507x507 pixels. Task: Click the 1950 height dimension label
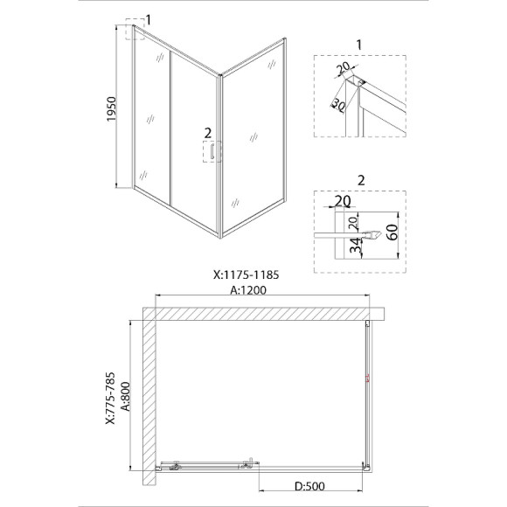pos(111,109)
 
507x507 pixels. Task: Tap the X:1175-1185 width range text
pos(246,274)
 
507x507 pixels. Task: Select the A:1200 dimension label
pos(248,290)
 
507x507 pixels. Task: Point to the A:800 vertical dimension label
pos(126,396)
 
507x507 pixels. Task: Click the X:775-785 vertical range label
pos(110,398)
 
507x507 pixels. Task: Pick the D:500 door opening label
pos(309,486)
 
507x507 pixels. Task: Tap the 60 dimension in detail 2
pos(392,233)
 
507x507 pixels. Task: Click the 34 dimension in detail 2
pos(357,245)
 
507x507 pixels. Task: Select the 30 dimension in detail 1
pos(338,105)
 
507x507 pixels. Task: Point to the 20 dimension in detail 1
pos(344,67)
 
